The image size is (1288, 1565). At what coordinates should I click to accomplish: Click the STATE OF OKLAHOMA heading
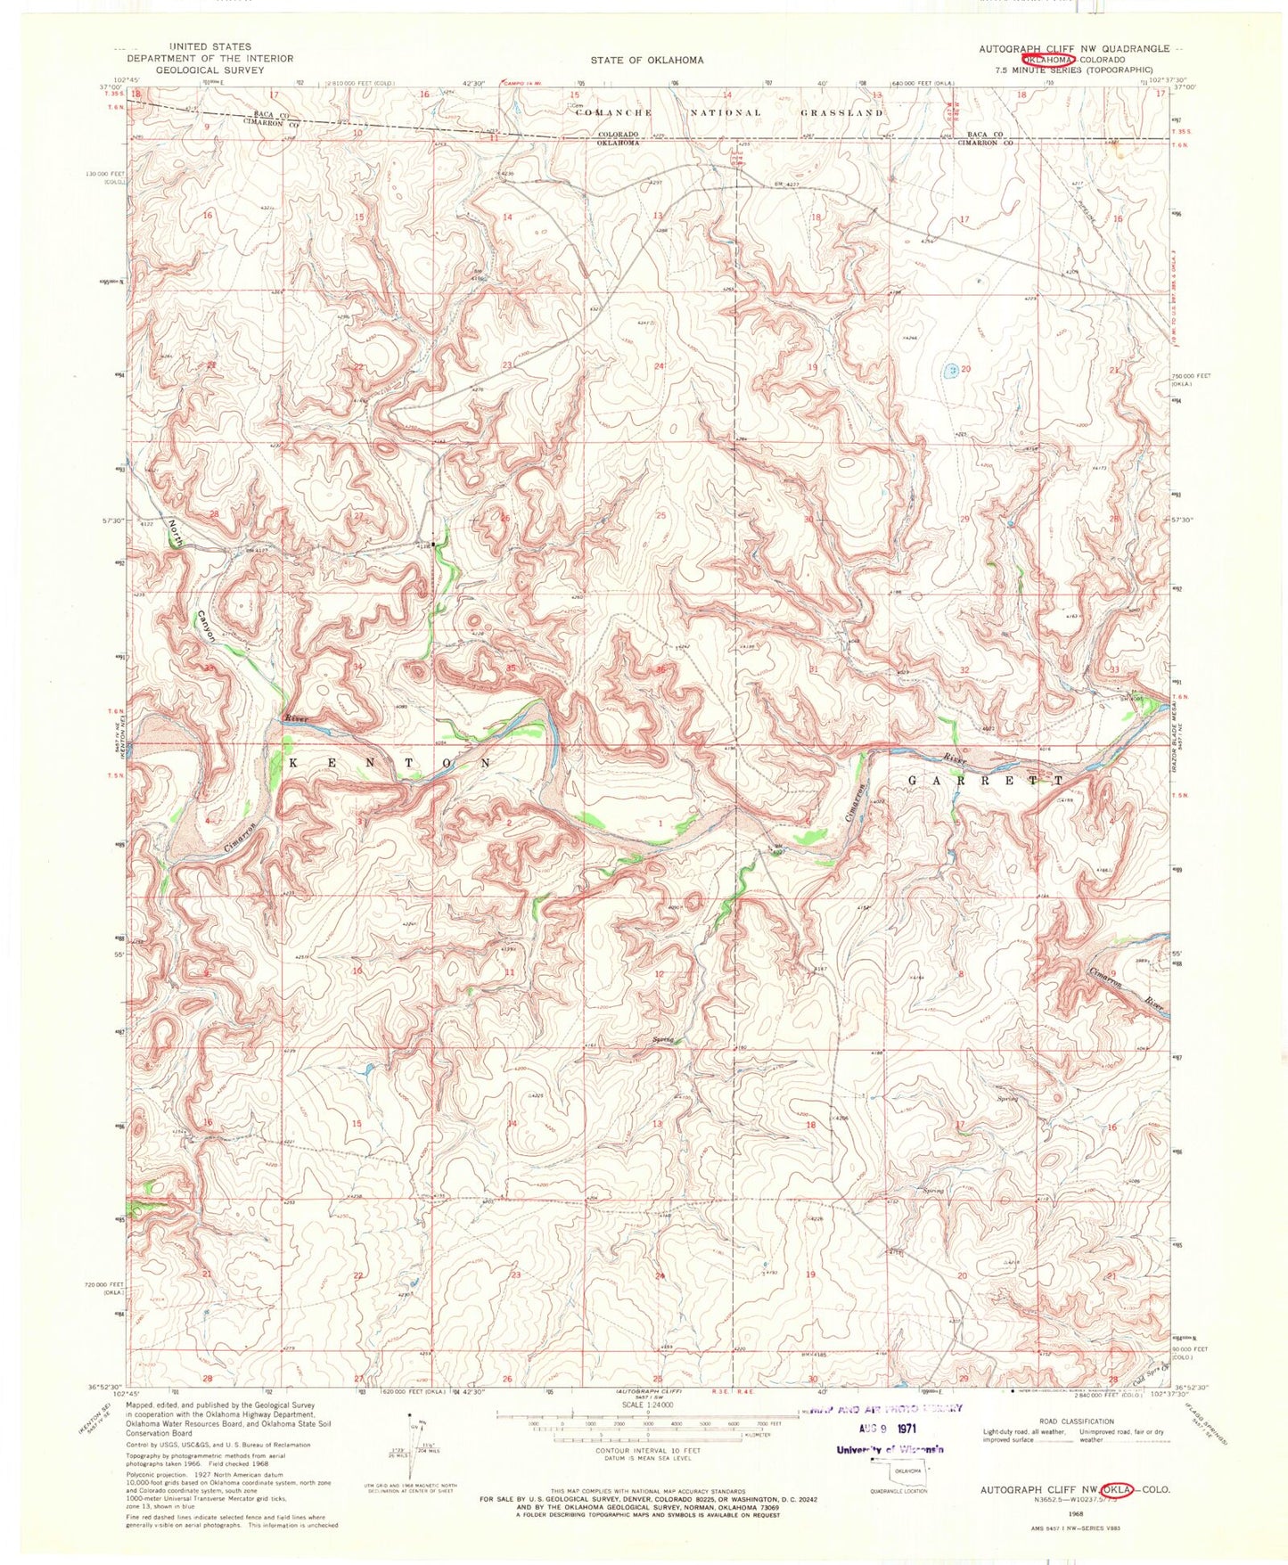pos(646,60)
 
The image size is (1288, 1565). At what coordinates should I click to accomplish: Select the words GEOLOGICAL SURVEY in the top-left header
pos(212,70)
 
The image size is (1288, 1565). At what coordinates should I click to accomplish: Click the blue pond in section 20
pos(952,369)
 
